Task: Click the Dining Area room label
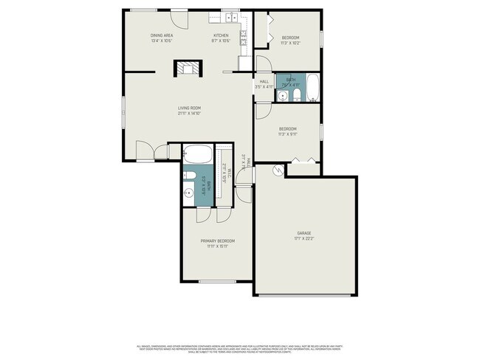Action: click(162, 35)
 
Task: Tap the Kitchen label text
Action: click(221, 35)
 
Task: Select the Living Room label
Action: click(189, 108)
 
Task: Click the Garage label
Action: click(304, 233)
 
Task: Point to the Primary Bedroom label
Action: click(218, 241)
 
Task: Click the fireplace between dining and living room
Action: click(187, 69)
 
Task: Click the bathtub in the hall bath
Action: click(312, 88)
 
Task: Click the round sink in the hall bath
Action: click(284, 96)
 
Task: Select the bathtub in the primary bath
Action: click(198, 155)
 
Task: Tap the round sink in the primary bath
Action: click(188, 195)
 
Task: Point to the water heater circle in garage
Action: click(278, 170)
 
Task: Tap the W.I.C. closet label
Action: click(230, 174)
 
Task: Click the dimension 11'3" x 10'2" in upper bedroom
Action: click(290, 42)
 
